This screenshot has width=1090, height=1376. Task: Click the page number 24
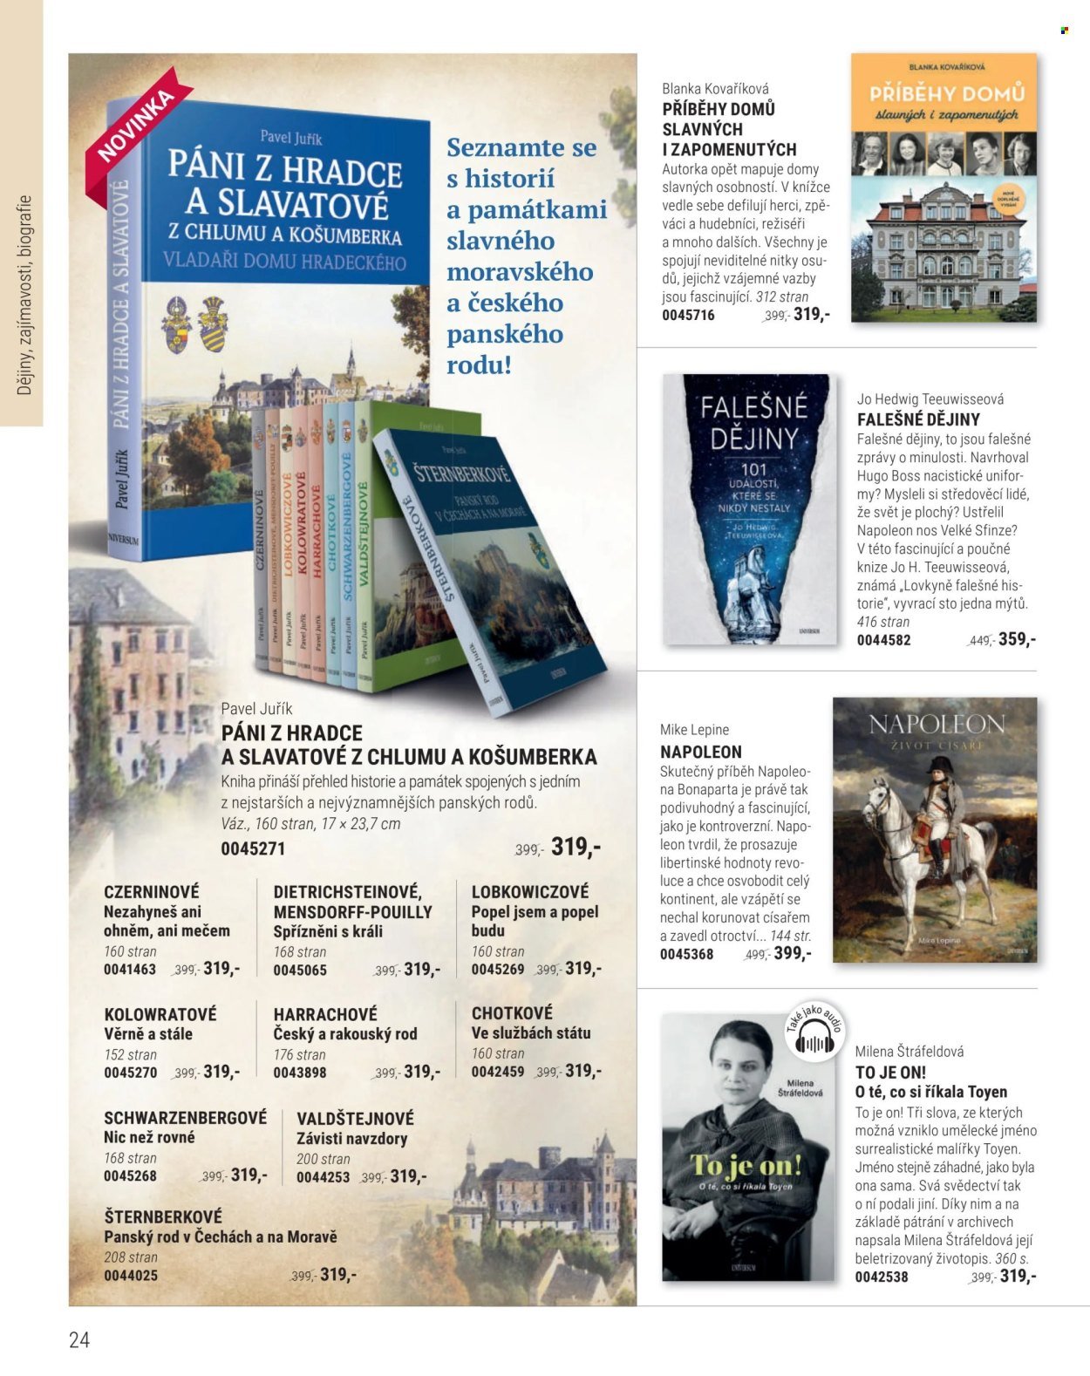[79, 1340]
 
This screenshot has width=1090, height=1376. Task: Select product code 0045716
[688, 315]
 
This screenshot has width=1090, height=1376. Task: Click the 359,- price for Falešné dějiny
[1017, 639]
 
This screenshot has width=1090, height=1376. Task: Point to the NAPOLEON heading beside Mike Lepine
[701, 752]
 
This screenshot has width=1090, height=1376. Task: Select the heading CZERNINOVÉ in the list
[152, 891]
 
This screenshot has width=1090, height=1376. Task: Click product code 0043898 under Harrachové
[300, 1073]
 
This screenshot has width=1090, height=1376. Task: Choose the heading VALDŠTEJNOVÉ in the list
[355, 1118]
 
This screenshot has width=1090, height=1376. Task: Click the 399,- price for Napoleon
[792, 953]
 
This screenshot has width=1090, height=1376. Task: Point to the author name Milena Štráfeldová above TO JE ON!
[909, 1052]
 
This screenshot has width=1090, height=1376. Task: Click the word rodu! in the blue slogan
[479, 364]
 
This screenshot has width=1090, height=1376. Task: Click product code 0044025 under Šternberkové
[131, 1276]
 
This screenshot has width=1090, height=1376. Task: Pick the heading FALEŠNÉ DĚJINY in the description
[918, 419]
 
